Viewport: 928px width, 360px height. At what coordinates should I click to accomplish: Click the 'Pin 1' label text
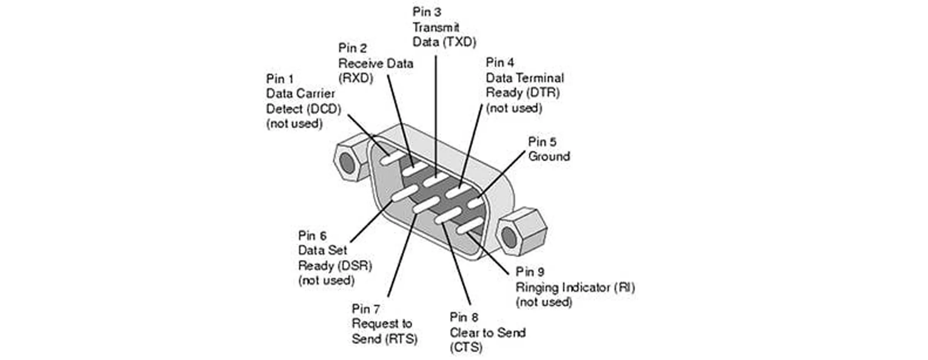click(280, 79)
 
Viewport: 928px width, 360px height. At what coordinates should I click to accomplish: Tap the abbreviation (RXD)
click(356, 78)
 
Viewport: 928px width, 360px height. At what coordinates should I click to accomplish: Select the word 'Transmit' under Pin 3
click(435, 27)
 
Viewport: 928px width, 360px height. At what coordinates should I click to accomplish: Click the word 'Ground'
click(549, 156)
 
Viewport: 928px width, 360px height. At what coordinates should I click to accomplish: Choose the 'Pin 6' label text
click(312, 236)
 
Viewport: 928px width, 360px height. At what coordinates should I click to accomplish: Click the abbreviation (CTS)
click(466, 347)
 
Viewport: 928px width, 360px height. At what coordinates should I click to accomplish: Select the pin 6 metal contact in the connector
click(405, 192)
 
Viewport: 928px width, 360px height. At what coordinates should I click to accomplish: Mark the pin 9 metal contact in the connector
click(469, 225)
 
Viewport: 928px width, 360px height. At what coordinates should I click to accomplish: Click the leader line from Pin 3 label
click(436, 116)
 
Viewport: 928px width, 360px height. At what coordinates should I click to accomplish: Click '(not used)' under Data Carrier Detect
click(294, 124)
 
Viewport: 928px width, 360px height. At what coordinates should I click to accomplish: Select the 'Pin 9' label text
click(530, 272)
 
